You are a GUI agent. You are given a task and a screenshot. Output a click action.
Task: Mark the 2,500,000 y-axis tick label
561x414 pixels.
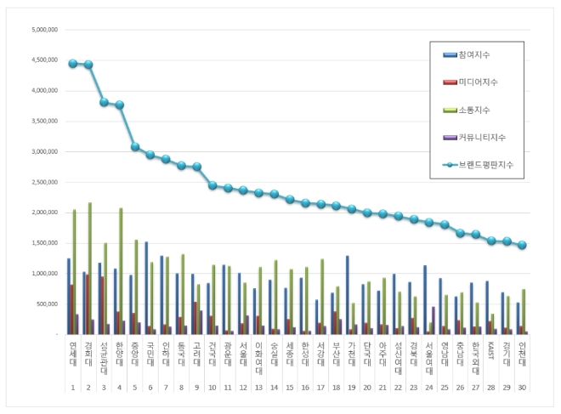[x=43, y=182]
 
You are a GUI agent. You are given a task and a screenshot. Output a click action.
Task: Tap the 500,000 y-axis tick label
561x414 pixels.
[x=47, y=304]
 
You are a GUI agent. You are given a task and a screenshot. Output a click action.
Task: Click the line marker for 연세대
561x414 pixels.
[x=73, y=64]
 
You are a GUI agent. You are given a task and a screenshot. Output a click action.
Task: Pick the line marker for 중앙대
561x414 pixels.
[x=134, y=147]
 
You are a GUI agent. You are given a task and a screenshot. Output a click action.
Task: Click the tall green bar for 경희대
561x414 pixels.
[x=90, y=268]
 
